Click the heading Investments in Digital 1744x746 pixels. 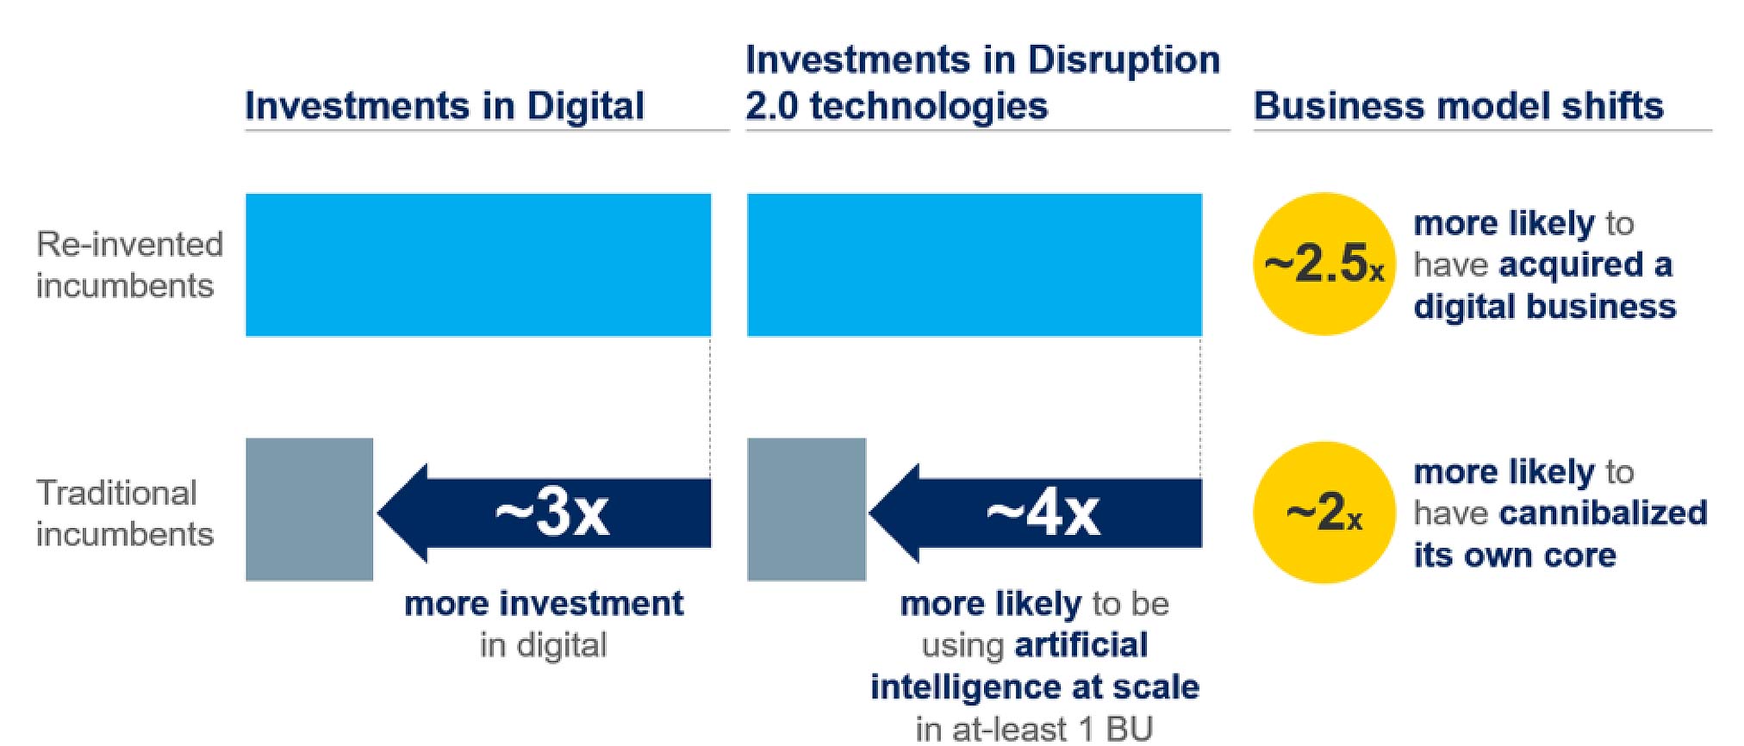tap(444, 106)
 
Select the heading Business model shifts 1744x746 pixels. tap(1458, 106)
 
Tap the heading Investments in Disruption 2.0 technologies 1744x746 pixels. tap(982, 83)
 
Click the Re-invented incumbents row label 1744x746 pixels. tap(129, 264)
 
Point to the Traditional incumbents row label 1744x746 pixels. tap(124, 513)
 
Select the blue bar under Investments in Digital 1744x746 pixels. tap(478, 264)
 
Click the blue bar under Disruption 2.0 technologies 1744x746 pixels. tap(974, 264)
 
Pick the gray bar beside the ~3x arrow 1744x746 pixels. tap(309, 509)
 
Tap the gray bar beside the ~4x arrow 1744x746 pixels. tap(807, 509)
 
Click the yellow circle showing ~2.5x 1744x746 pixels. tap(1324, 264)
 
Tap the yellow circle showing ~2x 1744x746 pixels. tap(1324, 513)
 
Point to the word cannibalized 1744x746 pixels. tap(1603, 513)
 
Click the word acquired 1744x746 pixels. tap(1571, 265)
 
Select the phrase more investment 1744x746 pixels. tap(544, 604)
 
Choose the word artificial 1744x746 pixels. tap(1081, 645)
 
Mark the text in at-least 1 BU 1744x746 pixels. tap(1034, 729)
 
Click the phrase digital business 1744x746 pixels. tap(1544, 307)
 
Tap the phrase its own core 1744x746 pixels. tap(1514, 556)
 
